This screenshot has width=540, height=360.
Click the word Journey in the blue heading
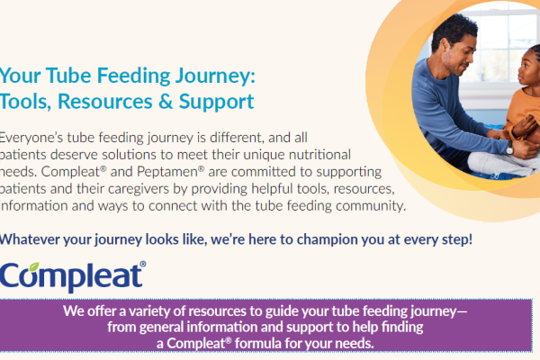click(214, 76)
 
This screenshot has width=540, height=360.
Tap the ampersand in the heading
click(166, 102)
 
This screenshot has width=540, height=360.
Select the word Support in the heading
click(216, 103)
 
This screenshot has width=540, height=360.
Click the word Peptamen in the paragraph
click(169, 172)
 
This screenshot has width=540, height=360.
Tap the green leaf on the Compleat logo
click(34, 266)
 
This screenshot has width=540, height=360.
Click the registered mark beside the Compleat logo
click(142, 265)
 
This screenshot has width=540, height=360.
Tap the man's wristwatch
click(509, 148)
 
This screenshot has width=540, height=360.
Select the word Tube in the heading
click(68, 76)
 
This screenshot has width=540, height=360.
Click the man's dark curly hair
click(454, 30)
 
